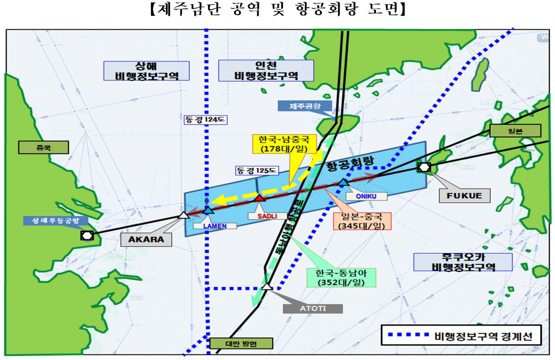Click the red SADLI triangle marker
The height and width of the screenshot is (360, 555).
click(259, 198)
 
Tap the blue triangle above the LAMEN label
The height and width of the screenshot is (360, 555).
click(209, 210)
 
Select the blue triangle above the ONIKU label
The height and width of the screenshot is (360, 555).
click(343, 183)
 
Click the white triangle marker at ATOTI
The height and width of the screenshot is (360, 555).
click(267, 287)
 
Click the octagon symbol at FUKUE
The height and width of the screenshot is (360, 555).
click(424, 167)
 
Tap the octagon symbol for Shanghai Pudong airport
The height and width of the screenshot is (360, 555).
click(86, 235)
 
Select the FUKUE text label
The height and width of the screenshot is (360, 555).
click(464, 195)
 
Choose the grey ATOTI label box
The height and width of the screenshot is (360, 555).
click(313, 308)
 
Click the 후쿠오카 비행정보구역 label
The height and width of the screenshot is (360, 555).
click(462, 262)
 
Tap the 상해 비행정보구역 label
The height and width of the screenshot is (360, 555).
click(146, 71)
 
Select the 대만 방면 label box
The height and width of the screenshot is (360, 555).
click(240, 343)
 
